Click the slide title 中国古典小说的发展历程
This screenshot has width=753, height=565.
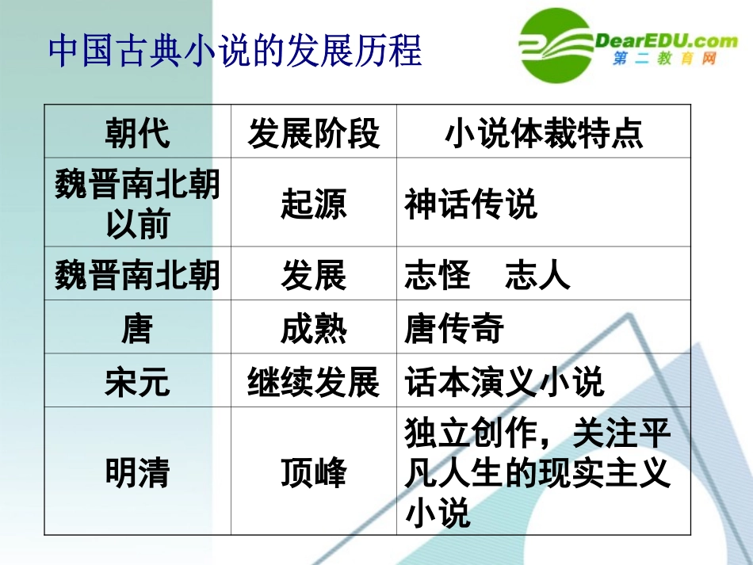pos(235,51)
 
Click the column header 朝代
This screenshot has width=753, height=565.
pos(137,133)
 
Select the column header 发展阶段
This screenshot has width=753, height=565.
pos(314,133)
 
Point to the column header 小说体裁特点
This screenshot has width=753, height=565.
pos(544,133)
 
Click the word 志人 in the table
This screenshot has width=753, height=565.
pos(537,275)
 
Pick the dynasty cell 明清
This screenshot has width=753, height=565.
pos(137,473)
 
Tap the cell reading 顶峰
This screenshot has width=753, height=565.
pos(314,473)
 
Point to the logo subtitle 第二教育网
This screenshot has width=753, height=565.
pos(665,60)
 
